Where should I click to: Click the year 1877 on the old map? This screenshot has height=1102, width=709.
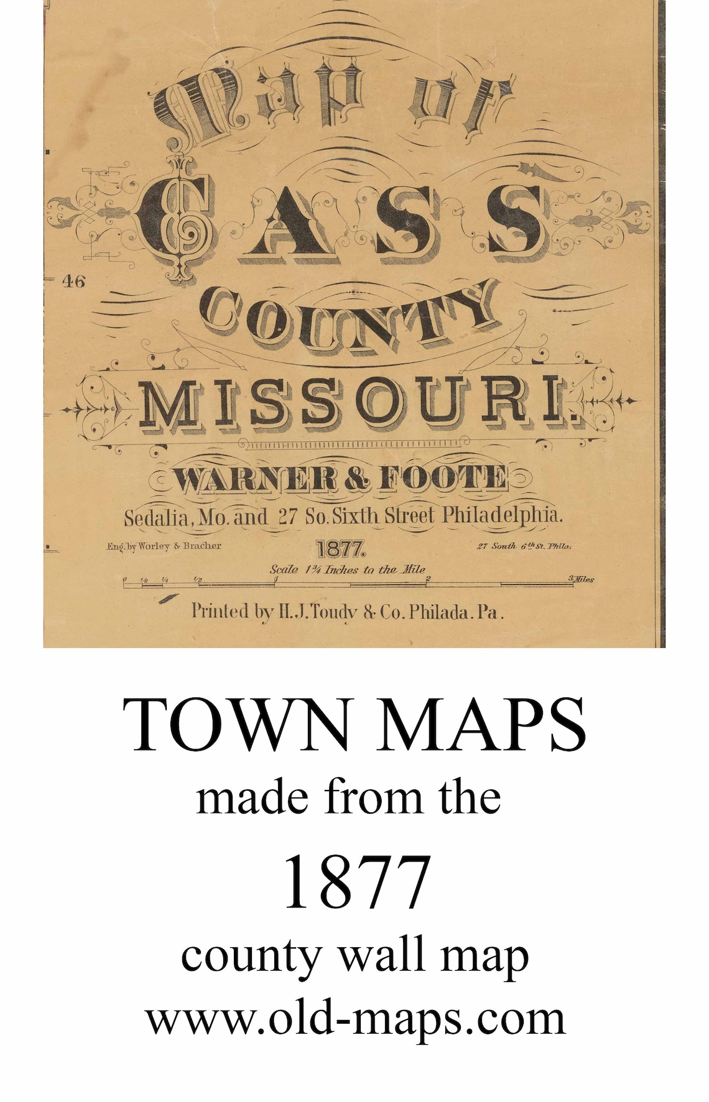pyautogui.click(x=341, y=549)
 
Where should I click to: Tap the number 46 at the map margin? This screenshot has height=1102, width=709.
pyautogui.click(x=73, y=282)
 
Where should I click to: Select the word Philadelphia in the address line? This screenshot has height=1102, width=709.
pyautogui.click(x=503, y=515)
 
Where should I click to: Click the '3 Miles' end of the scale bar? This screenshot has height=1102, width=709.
pyautogui.click(x=581, y=579)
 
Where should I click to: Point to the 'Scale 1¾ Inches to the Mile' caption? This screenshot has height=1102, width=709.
pyautogui.click(x=347, y=569)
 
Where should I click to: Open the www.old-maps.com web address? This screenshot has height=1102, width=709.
pyautogui.click(x=355, y=1019)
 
